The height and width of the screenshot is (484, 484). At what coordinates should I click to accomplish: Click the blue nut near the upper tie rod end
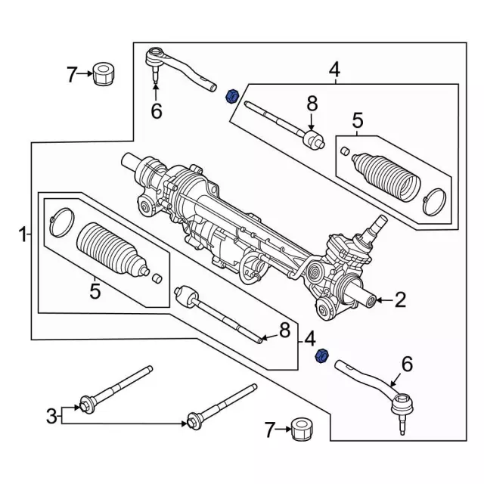point(233,95)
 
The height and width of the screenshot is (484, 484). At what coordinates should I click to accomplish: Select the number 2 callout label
point(400,301)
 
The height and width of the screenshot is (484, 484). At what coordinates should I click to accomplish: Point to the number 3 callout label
point(51,415)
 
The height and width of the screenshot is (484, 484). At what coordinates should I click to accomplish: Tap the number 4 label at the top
point(334,70)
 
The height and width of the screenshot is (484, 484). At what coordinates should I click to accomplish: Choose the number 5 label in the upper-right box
point(357,119)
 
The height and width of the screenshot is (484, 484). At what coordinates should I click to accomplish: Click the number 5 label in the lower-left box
point(95,290)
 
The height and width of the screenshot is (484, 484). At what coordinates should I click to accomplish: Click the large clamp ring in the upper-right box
point(435,198)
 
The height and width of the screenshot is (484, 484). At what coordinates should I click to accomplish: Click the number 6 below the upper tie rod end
point(156,111)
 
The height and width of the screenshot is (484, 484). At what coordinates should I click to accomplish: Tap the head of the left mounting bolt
point(88,403)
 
